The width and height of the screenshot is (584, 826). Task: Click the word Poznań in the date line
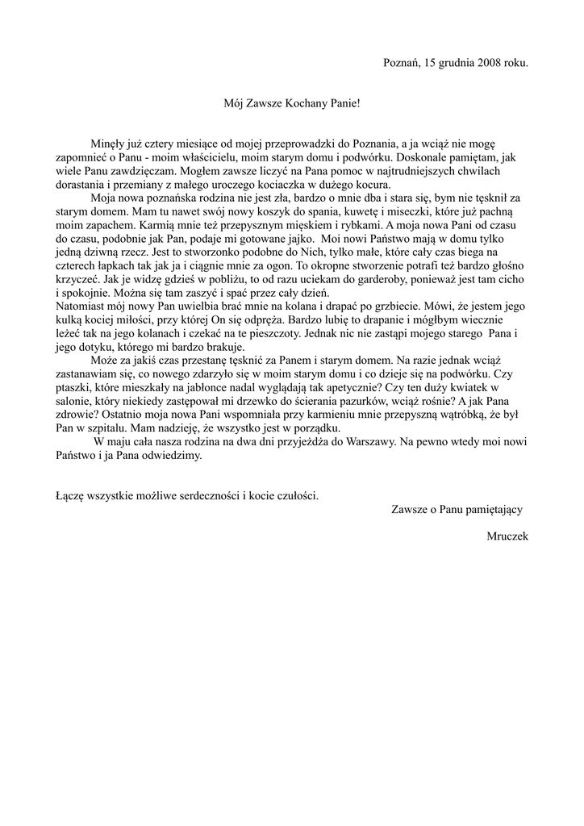(x=400, y=62)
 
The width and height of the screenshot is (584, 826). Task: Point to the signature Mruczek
(x=507, y=536)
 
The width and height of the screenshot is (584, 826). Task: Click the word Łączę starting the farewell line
(x=73, y=495)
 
